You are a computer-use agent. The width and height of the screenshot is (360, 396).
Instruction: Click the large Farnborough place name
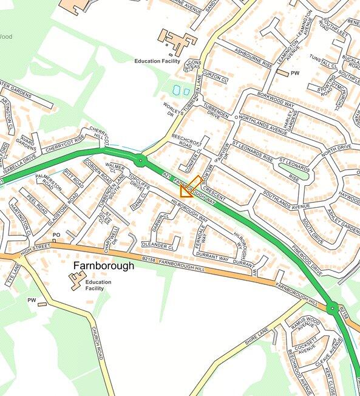(x=104, y=266)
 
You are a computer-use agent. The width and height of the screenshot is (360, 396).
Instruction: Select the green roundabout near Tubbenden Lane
(x=140, y=161)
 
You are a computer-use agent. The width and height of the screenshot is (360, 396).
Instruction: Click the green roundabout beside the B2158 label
(x=332, y=309)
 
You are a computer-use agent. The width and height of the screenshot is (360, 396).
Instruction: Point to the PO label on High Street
(x=56, y=235)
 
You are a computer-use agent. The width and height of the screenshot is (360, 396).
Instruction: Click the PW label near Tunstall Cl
(x=296, y=73)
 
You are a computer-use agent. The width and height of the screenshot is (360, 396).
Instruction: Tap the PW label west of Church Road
(x=32, y=300)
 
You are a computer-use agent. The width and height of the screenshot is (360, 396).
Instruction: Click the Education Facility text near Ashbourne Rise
(x=157, y=61)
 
